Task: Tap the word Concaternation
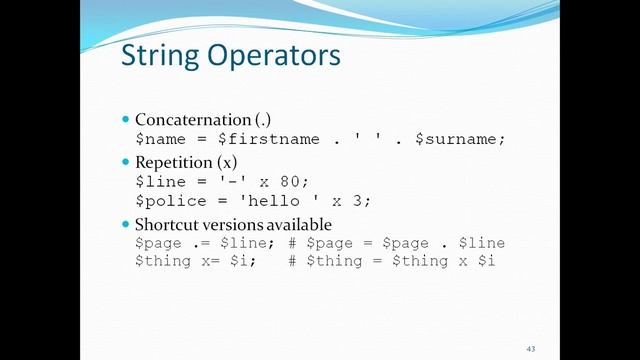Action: point(189,120)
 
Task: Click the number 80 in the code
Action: point(293,181)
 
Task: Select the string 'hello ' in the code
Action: point(279,200)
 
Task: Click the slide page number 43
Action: point(530,347)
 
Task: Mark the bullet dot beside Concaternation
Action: point(126,120)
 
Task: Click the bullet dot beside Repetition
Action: point(126,162)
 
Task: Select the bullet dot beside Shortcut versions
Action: point(126,224)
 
